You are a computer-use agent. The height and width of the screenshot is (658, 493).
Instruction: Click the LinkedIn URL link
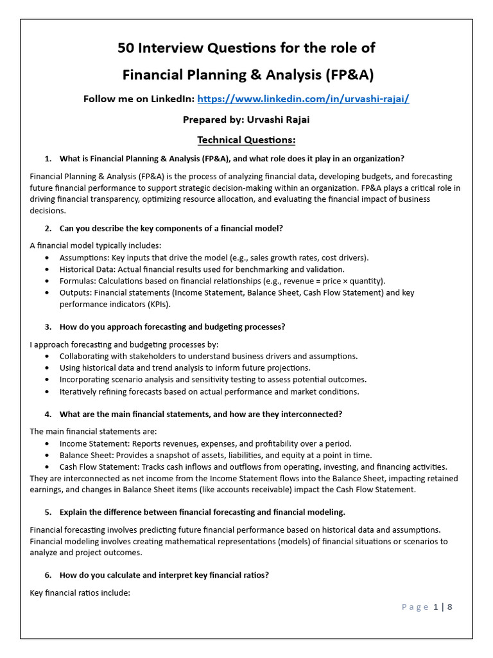(303, 99)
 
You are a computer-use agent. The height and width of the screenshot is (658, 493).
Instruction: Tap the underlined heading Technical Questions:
(246, 139)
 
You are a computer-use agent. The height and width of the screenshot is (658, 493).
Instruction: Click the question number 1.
(48, 159)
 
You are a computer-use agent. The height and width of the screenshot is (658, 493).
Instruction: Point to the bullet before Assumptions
(50, 258)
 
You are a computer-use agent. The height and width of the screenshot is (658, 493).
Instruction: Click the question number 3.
(48, 326)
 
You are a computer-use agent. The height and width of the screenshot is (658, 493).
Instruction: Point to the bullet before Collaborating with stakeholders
(50, 356)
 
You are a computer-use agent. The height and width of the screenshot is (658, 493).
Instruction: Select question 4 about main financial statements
(200, 414)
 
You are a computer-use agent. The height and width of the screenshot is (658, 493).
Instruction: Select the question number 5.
(48, 512)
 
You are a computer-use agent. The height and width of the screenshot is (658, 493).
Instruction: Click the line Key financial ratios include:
(80, 592)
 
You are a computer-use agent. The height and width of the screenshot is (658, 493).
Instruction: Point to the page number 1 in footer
(436, 607)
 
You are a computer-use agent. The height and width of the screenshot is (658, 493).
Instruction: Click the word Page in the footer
(415, 607)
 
